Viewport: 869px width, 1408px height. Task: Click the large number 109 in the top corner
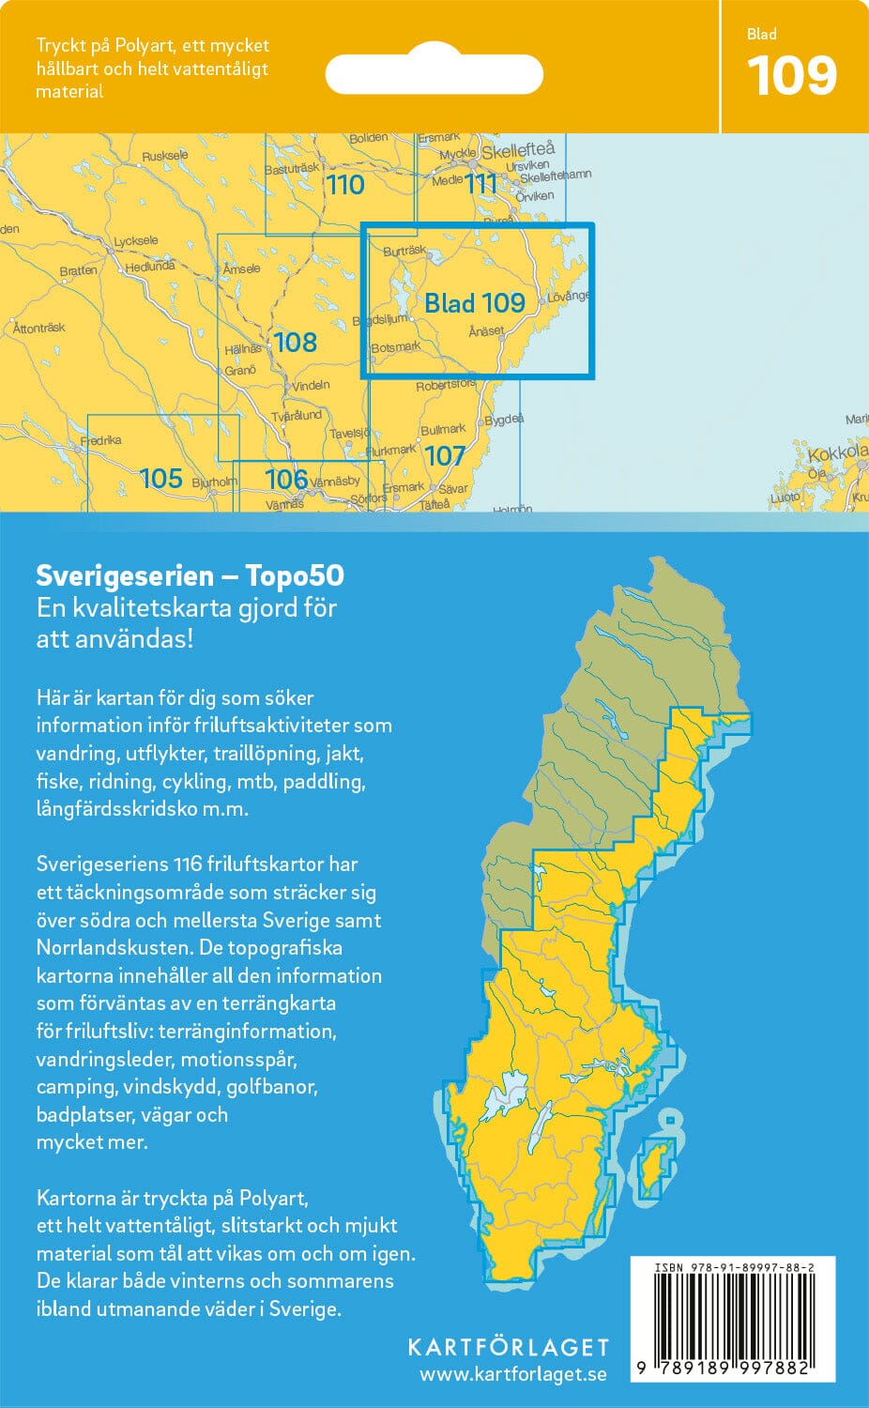coord(792,77)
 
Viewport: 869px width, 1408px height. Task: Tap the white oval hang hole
coord(434,74)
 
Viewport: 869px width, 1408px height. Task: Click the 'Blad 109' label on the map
coord(474,302)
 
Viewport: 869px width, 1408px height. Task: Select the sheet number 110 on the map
coord(344,185)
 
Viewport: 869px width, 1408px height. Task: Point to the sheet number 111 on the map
coord(480,183)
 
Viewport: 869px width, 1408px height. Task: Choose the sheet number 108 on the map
coord(295,343)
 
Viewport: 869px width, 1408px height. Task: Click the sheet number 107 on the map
coord(444,456)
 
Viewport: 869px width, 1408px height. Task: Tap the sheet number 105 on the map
coord(160,479)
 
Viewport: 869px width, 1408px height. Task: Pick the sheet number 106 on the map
coord(286,479)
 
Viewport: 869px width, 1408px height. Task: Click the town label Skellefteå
coord(518,149)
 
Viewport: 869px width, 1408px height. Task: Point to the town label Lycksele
coord(135,241)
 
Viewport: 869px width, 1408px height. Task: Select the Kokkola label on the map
coord(837,453)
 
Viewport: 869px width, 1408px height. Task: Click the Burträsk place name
coord(404,251)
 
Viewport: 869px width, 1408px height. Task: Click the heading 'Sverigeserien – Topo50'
coord(190,575)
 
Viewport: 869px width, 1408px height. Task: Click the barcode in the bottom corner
coord(733,1316)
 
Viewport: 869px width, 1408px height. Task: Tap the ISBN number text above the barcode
coord(733,1267)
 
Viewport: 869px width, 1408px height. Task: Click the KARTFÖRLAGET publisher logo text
coord(508,1347)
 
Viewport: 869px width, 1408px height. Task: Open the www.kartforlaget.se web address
coord(512,1374)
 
